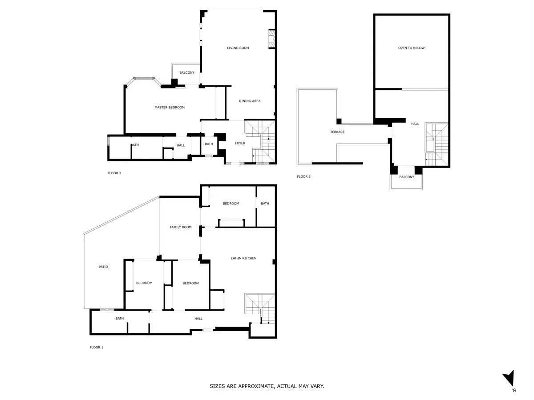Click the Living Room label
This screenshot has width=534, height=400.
click(x=238, y=48)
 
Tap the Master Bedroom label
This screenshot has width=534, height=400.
click(x=170, y=107)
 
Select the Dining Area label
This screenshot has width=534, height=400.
click(x=249, y=101)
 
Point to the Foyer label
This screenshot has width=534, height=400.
click(x=240, y=143)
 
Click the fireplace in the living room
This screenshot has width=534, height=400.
click(x=271, y=39)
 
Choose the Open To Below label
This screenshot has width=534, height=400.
click(x=411, y=48)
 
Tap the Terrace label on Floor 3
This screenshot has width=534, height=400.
click(x=337, y=132)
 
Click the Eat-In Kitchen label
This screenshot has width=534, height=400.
click(x=243, y=258)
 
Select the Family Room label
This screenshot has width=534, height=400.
click(x=181, y=227)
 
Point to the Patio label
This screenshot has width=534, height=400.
click(x=103, y=267)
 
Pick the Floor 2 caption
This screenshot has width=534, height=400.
click(x=114, y=173)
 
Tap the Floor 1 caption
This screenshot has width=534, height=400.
click(x=96, y=347)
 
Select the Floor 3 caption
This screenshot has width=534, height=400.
click(x=303, y=176)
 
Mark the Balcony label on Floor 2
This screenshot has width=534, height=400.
click(x=186, y=72)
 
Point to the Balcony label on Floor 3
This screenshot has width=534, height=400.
click(x=406, y=177)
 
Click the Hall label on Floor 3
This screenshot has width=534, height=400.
click(x=415, y=124)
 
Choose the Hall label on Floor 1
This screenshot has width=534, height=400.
click(x=198, y=318)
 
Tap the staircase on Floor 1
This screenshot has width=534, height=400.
click(x=260, y=308)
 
